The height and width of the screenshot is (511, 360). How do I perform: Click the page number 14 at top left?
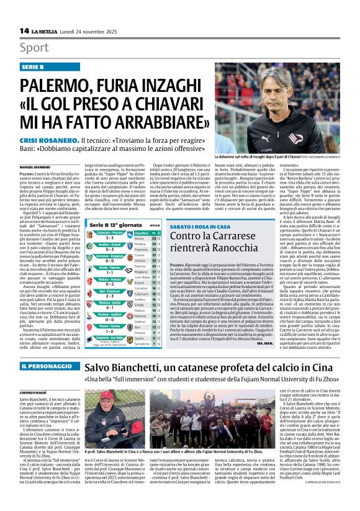24,30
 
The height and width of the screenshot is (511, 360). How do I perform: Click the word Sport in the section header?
34,48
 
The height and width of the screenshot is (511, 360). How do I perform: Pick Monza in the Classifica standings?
140,238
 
